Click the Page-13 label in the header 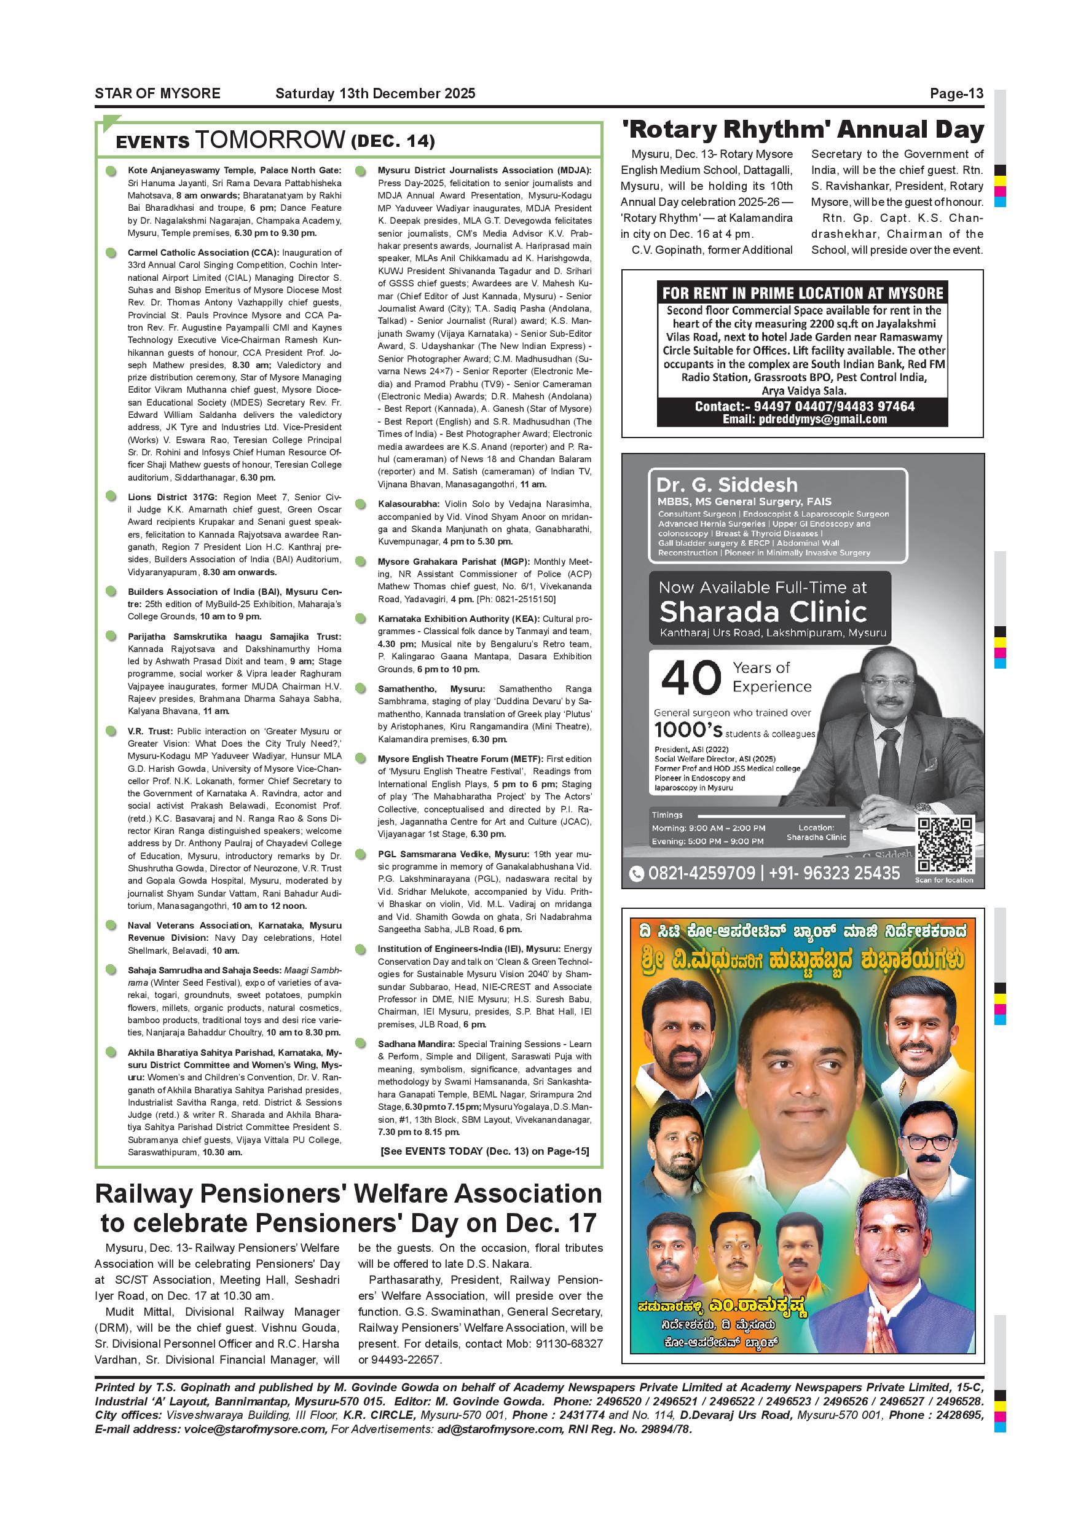point(956,93)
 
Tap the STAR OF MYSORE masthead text point(157,93)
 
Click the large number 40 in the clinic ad point(691,677)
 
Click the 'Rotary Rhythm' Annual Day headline point(803,130)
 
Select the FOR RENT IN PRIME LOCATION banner point(803,293)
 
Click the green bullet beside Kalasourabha point(360,505)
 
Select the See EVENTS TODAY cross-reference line point(484,1151)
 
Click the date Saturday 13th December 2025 point(375,93)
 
